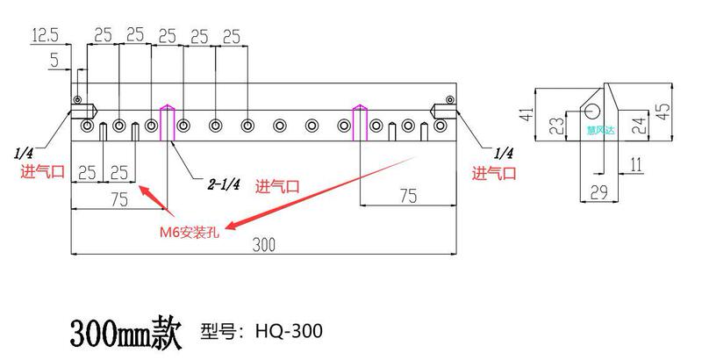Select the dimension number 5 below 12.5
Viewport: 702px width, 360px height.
[x=54, y=60]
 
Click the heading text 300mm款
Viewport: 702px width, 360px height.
[x=125, y=331]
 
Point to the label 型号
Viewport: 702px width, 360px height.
[x=220, y=331]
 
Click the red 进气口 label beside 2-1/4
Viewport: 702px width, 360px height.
[x=277, y=186]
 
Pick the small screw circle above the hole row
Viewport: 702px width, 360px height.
[x=78, y=98]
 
